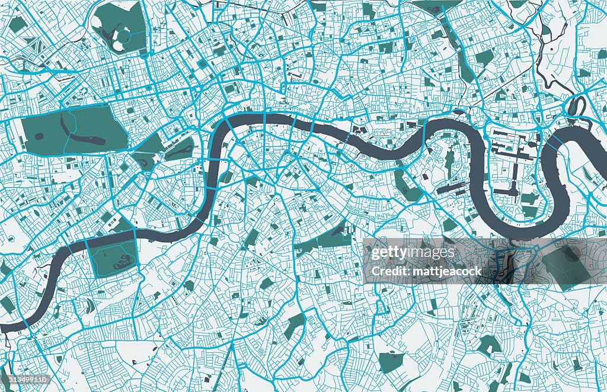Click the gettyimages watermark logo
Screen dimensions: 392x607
(x=413, y=253)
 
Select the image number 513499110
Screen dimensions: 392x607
(x=25, y=379)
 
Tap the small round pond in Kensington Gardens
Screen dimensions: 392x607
(x=39, y=136)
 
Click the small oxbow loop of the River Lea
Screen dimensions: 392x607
(x=576, y=107)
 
